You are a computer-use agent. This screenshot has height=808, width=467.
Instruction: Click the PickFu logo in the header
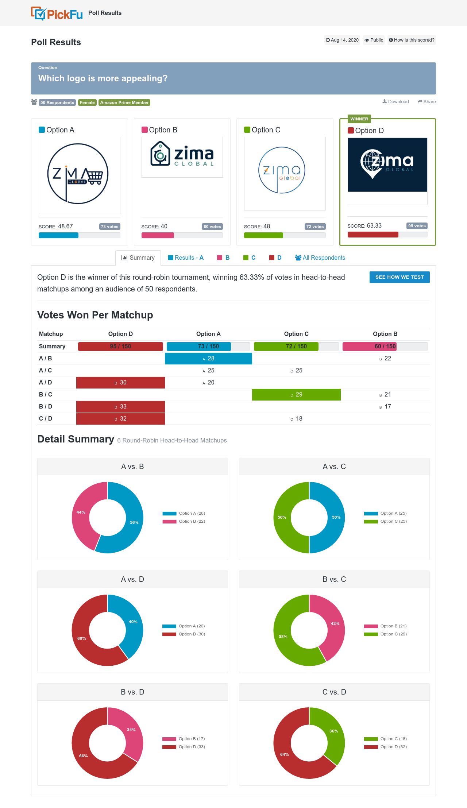57,13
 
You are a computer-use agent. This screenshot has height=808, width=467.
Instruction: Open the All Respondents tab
320,258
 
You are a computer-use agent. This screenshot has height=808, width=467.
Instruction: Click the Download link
395,102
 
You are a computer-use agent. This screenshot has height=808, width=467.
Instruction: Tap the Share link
427,102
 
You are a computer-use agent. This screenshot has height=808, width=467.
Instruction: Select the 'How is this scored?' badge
412,40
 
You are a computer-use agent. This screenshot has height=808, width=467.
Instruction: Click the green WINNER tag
359,119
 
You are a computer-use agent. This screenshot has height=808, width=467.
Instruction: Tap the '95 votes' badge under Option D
417,226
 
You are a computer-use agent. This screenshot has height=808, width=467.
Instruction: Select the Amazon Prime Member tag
124,103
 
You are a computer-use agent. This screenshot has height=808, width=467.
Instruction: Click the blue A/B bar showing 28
208,359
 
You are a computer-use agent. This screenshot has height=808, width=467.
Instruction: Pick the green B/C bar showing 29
296,395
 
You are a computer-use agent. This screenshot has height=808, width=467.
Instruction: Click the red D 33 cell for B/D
120,407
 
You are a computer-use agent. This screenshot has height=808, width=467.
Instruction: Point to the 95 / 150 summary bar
120,347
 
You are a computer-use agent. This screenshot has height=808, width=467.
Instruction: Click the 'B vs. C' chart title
334,579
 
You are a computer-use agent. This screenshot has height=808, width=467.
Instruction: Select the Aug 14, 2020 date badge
342,40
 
